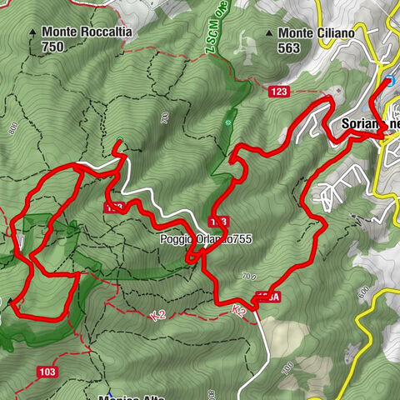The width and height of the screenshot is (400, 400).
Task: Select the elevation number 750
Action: pos(52,47)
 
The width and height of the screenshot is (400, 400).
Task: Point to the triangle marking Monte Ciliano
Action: pos(269,33)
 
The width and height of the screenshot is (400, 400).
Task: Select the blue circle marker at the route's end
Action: pos(387,82)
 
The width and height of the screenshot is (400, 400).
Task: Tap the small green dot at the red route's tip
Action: pos(120,140)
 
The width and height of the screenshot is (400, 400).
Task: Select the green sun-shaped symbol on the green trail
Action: pos(228,122)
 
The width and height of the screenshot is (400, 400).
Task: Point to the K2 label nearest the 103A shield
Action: pos(239,309)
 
